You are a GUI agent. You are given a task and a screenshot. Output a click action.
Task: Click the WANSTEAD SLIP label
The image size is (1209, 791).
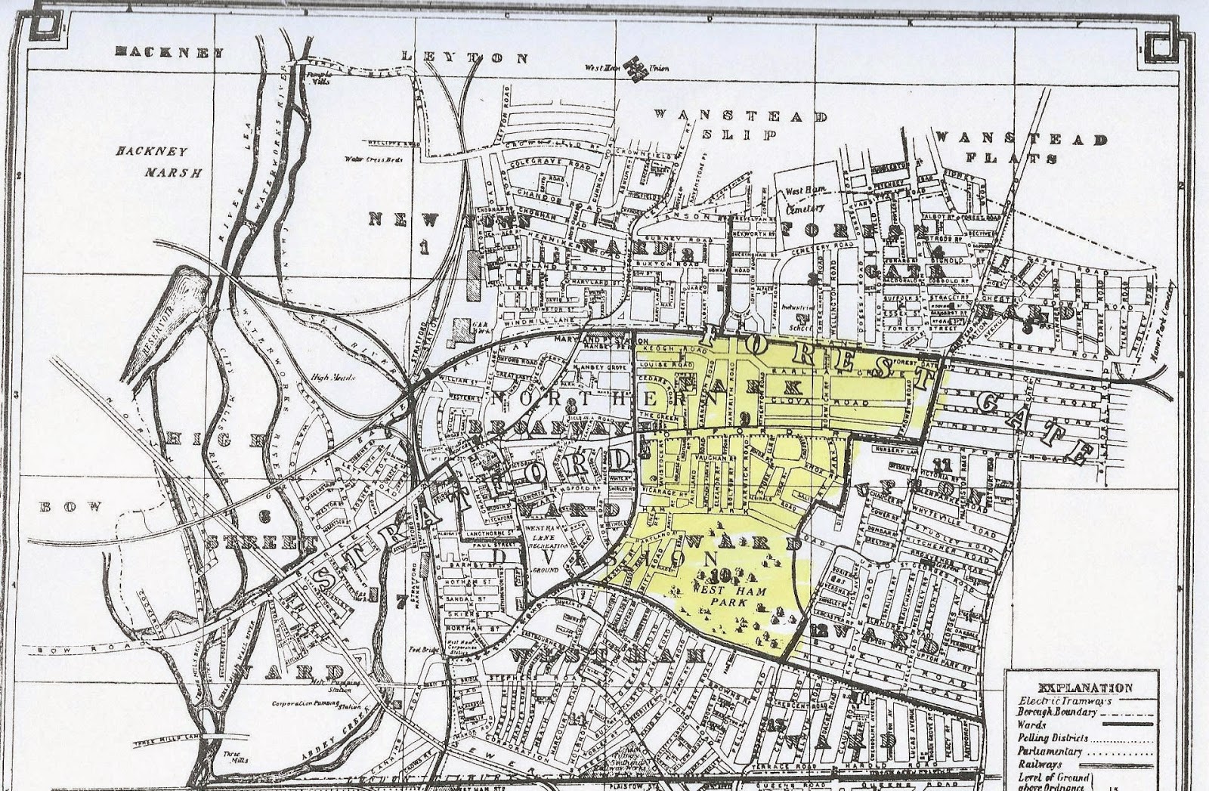741,125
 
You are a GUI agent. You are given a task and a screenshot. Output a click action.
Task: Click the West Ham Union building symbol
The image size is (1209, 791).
639,67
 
